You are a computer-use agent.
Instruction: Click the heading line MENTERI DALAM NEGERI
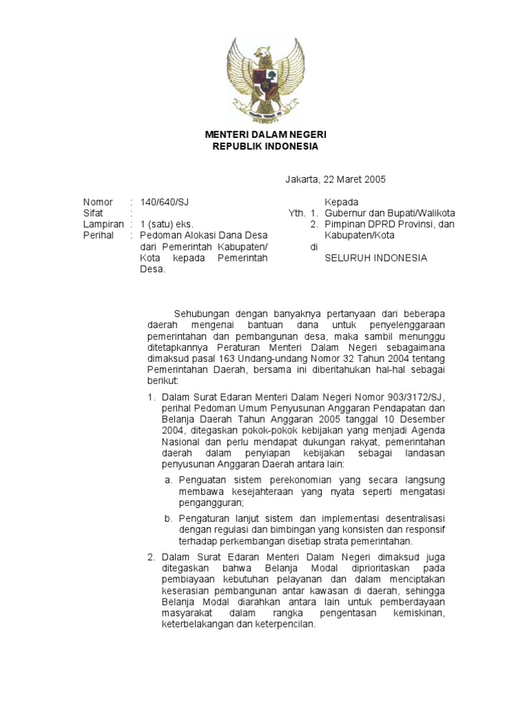[263, 135]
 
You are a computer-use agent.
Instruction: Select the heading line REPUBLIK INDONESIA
[263, 146]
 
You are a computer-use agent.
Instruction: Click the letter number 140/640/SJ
[163, 202]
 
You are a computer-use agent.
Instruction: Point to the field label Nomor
[97, 202]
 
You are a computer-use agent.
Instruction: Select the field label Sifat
[93, 213]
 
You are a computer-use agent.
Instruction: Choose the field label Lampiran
[103, 224]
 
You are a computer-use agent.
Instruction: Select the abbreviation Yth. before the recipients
[296, 213]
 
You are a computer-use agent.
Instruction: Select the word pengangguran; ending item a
[211, 502]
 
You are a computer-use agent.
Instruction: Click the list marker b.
[168, 518]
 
